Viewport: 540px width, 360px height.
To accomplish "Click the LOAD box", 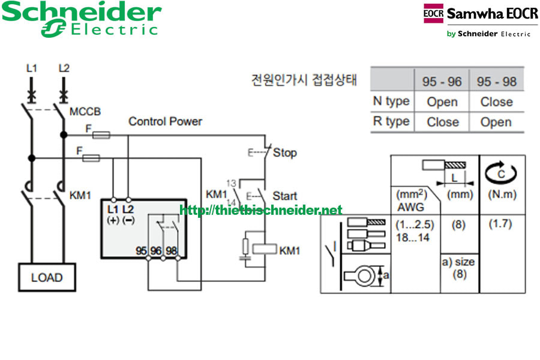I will click(x=47, y=277).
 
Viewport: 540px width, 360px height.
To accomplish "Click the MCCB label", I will click(x=85, y=112).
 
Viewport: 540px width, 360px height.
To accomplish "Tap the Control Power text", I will click(x=166, y=121).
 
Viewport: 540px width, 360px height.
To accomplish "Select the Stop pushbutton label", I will click(x=284, y=152).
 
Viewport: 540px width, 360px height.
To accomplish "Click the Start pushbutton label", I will click(x=285, y=196).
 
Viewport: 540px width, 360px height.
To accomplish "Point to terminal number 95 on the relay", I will click(x=142, y=251).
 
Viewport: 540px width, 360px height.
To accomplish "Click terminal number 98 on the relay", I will click(x=171, y=251).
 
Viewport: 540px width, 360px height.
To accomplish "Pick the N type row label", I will click(x=391, y=101).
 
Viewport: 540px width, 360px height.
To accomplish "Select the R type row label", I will click(x=391, y=121).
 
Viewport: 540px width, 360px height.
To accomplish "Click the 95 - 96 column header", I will click(x=442, y=81).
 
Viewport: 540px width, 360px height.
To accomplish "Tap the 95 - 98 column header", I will click(x=496, y=81).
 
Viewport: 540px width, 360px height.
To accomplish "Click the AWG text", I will click(x=410, y=207).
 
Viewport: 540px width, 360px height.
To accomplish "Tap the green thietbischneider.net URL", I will click(x=261, y=210).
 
